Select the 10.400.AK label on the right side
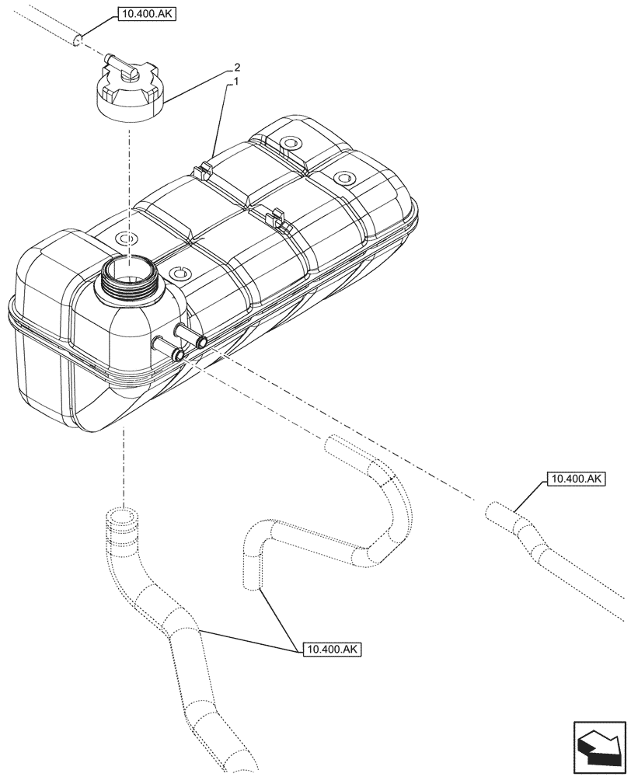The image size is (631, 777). [576, 479]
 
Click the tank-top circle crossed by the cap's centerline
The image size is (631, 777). [124, 237]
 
